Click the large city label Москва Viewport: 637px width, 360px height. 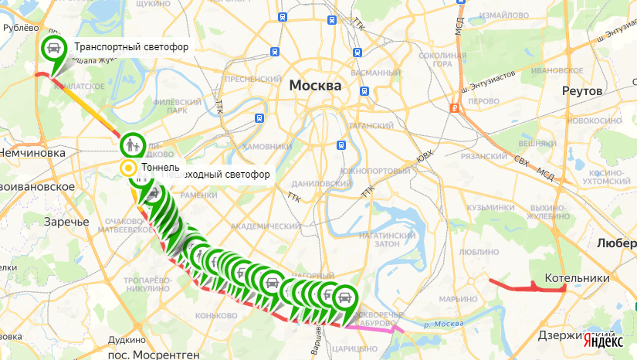(315, 86)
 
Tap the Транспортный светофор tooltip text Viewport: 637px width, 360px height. (131, 48)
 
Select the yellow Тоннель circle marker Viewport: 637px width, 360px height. (128, 168)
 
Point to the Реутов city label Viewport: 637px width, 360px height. (581, 91)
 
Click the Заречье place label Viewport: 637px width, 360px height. (66, 222)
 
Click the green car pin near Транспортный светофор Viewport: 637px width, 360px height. (53, 49)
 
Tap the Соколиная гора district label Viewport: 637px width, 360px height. (444, 60)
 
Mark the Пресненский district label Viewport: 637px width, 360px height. (252, 79)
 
